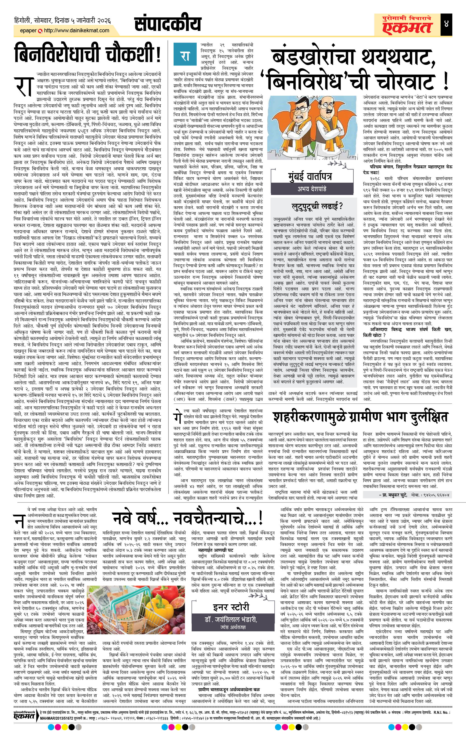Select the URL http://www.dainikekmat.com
point(76,30)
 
